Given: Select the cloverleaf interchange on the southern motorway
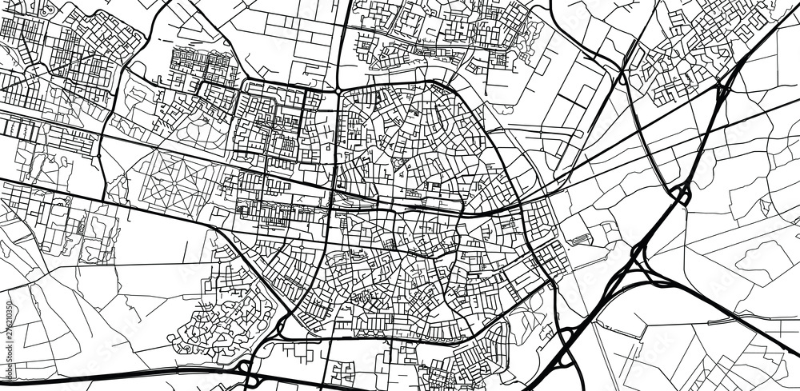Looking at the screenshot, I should click(x=248, y=369).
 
